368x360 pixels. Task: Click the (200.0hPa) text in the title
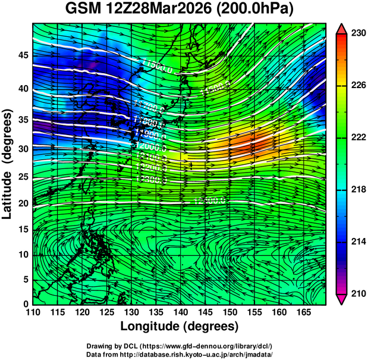[x=255, y=10]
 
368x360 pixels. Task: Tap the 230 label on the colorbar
[x=358, y=34]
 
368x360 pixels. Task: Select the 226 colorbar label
[x=358, y=86]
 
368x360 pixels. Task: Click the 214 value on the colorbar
[x=358, y=242]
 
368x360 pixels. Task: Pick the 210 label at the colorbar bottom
[x=358, y=293]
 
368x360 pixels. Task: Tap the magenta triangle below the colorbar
[x=342, y=299]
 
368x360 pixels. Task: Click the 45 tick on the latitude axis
[x=24, y=55]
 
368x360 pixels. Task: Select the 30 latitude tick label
[x=24, y=149]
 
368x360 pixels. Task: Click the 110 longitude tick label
[x=33, y=311]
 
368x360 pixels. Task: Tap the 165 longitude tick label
[x=302, y=311]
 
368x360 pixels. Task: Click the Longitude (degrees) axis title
[x=179, y=326]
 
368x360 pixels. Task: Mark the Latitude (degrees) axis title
[x=8, y=164]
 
